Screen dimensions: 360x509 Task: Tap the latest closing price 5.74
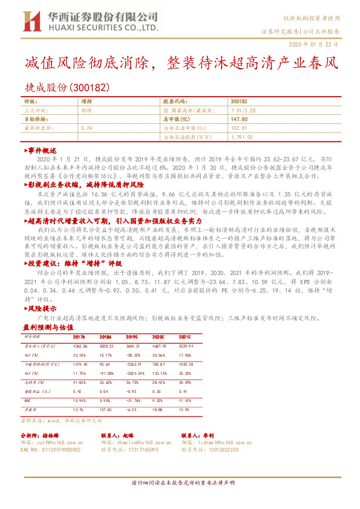coord(86,129)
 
